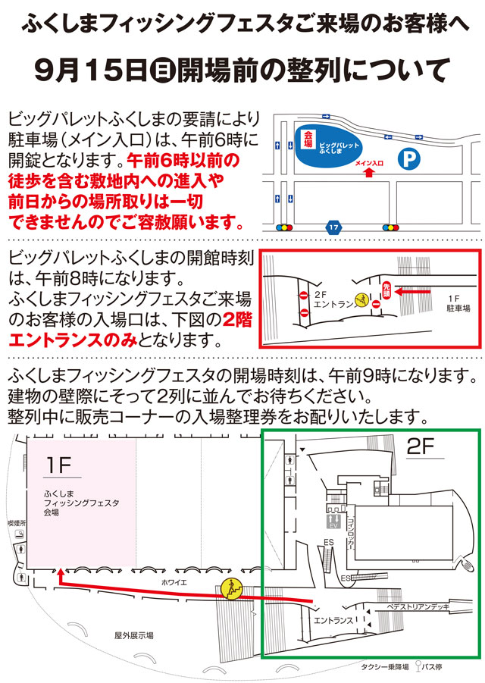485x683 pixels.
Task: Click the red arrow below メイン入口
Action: pos(369,174)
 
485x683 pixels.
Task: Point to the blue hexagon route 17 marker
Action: pos(334,226)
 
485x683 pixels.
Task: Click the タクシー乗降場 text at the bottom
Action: pos(384,667)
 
